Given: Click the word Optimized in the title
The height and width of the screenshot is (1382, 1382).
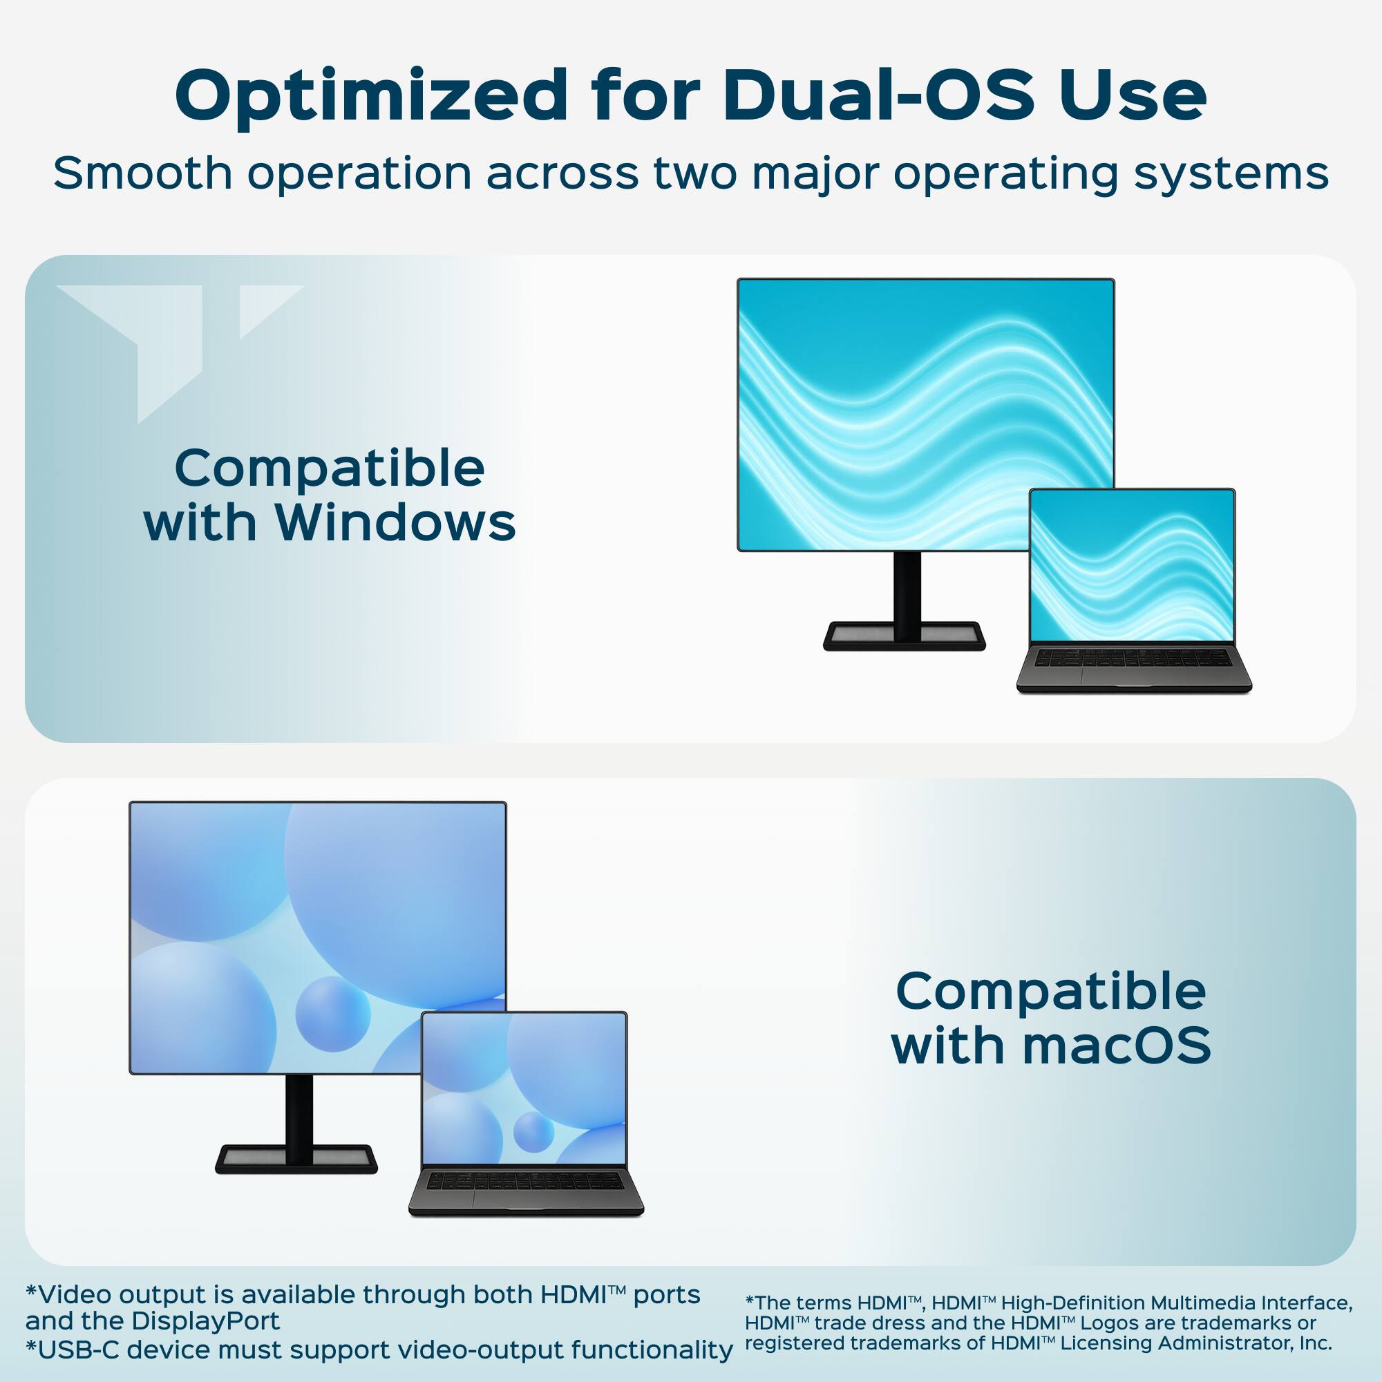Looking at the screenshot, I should (371, 96).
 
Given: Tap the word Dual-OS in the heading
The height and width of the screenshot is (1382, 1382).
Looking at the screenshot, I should (878, 96).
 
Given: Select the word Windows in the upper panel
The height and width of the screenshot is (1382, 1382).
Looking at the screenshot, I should (395, 523).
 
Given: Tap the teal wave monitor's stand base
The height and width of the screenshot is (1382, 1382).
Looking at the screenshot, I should (904, 636).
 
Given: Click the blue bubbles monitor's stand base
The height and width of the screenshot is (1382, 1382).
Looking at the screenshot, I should (296, 1158).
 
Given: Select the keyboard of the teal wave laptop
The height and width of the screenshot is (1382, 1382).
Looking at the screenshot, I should (1134, 657).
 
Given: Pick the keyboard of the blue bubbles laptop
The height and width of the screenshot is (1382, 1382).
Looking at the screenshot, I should (526, 1180).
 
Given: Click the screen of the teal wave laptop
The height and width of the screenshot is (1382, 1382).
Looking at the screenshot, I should (1132, 565).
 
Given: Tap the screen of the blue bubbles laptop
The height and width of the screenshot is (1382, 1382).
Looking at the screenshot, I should (524, 1089).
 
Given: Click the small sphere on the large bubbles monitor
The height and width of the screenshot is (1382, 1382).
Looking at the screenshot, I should (332, 1014).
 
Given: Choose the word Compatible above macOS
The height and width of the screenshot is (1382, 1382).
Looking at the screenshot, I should (1051, 991).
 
